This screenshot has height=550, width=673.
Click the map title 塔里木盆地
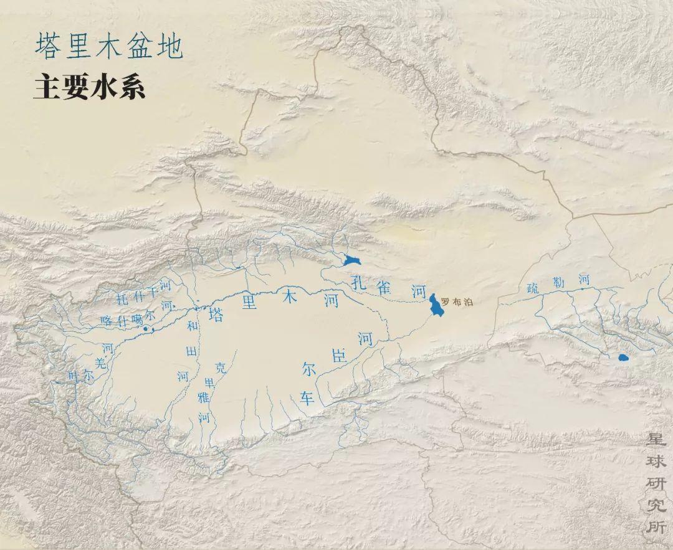pos(108,47)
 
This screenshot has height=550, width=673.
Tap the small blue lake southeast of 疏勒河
pos(623,358)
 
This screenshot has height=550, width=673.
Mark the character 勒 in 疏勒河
pos(558,283)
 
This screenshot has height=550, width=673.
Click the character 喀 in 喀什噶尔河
pos(106,322)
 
